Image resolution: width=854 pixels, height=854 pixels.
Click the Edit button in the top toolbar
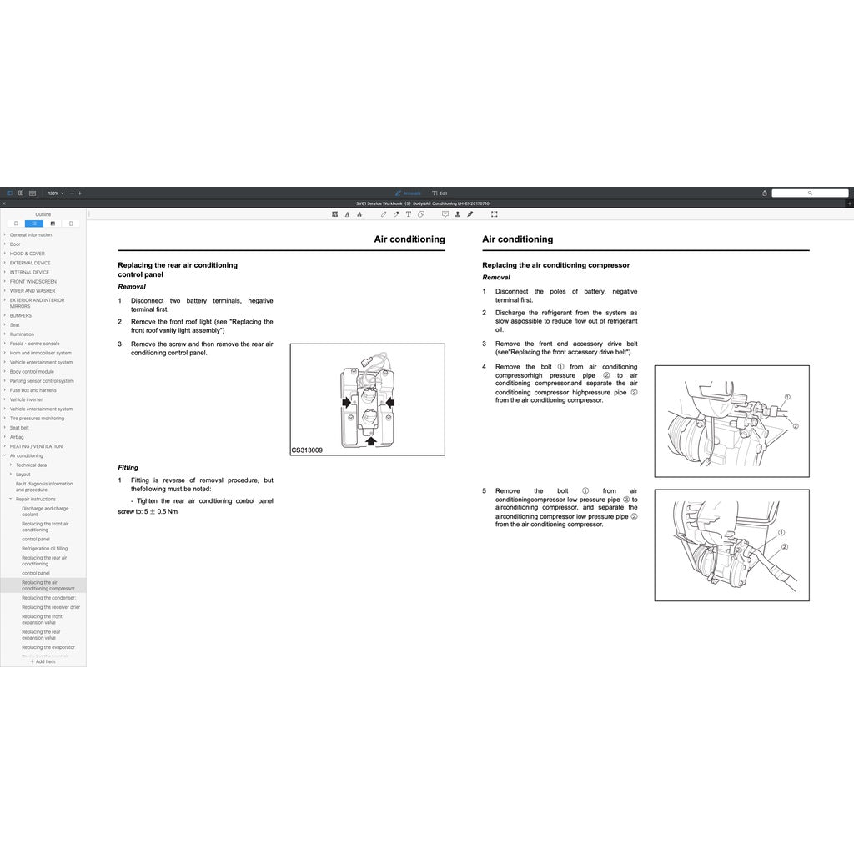click(440, 193)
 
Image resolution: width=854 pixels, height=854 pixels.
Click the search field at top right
click(809, 193)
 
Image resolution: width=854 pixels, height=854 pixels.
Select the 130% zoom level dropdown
click(55, 193)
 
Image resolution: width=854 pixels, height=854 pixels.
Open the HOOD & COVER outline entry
click(27, 254)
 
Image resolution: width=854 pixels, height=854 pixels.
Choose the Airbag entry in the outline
click(17, 437)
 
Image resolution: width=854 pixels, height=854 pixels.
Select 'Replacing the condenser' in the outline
click(48, 598)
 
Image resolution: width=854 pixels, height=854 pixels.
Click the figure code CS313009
click(307, 450)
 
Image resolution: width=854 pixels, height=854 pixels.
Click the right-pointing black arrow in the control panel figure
click(346, 402)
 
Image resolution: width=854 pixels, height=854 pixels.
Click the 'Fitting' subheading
click(128, 468)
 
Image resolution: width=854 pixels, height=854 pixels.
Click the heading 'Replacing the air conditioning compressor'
click(555, 265)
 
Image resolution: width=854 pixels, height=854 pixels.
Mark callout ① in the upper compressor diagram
click(787, 397)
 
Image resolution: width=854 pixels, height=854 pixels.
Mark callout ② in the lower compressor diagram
click(785, 546)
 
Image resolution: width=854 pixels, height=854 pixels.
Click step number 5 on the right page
click(484, 491)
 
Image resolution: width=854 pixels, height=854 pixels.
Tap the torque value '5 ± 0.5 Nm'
click(160, 511)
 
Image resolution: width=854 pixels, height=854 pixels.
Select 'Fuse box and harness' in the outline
click(33, 390)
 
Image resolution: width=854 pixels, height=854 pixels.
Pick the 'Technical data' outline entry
click(31, 465)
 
